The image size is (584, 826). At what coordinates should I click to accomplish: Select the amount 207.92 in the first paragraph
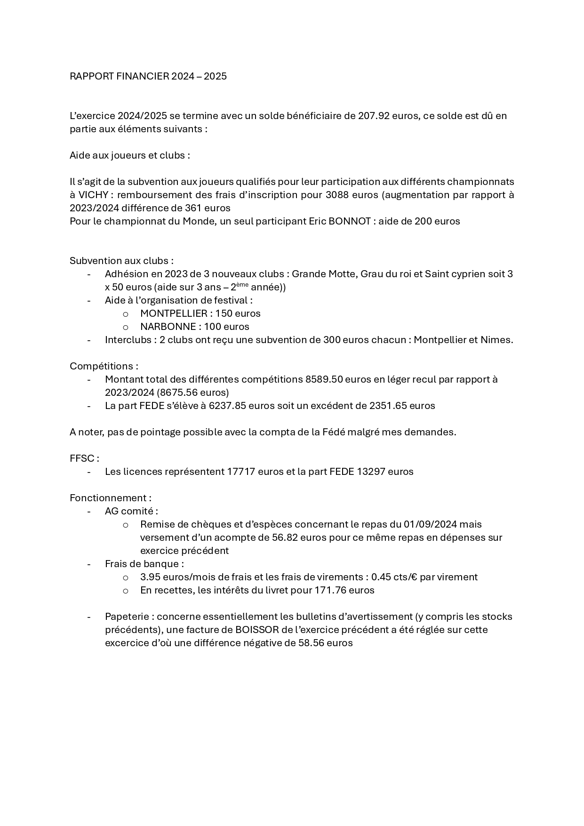(374, 116)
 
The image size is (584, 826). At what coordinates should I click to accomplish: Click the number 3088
(338, 195)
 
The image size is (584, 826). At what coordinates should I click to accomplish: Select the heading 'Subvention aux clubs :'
(121, 261)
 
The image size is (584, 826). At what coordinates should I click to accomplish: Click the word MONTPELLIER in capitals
(174, 313)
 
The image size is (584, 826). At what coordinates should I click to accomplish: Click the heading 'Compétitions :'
(104, 366)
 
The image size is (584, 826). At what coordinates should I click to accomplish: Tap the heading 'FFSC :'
(84, 458)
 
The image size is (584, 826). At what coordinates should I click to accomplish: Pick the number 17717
(241, 472)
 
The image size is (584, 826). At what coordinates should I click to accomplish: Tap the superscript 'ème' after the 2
(242, 285)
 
